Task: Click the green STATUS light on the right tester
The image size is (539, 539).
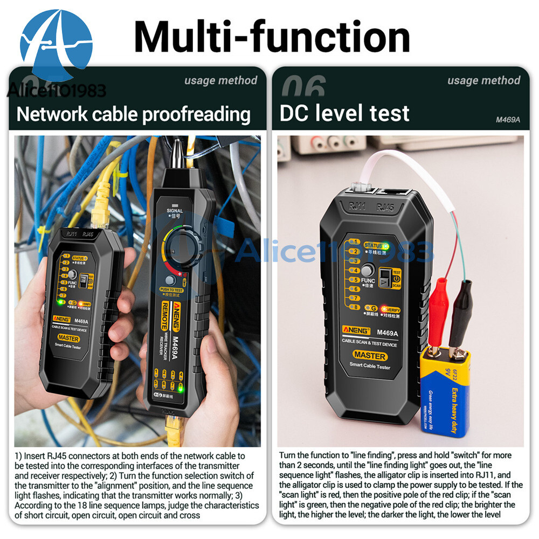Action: pyautogui.click(x=385, y=245)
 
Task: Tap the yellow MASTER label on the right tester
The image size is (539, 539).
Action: pyautogui.click(x=370, y=356)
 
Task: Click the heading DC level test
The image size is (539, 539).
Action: pyautogui.click(x=344, y=114)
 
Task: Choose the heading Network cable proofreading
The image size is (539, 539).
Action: pyautogui.click(x=134, y=114)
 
